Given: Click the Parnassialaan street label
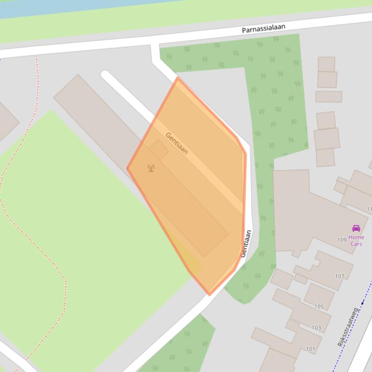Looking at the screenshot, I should coord(263,29).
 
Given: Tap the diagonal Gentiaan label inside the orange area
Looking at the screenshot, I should coord(177,143).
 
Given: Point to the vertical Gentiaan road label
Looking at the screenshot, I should coord(246,243).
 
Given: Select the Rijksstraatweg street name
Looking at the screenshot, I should coord(348,327).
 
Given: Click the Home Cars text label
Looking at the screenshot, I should coord(356,241).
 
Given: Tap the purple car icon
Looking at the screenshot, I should coord(356,229).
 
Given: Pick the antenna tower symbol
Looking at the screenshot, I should coord(151,168).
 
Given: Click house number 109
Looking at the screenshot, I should coord(342,240).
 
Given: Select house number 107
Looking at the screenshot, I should coord(340,276).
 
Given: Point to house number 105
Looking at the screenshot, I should coord(319,306).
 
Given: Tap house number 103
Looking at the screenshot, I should coord(316,328).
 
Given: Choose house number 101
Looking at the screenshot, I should coord(310,349).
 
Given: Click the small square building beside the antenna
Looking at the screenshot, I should coord(158,150).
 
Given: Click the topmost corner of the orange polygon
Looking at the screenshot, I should coord(178,78).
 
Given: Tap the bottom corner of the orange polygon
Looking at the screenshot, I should coord(209,294).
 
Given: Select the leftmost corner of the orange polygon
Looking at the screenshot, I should coord(128,168).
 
